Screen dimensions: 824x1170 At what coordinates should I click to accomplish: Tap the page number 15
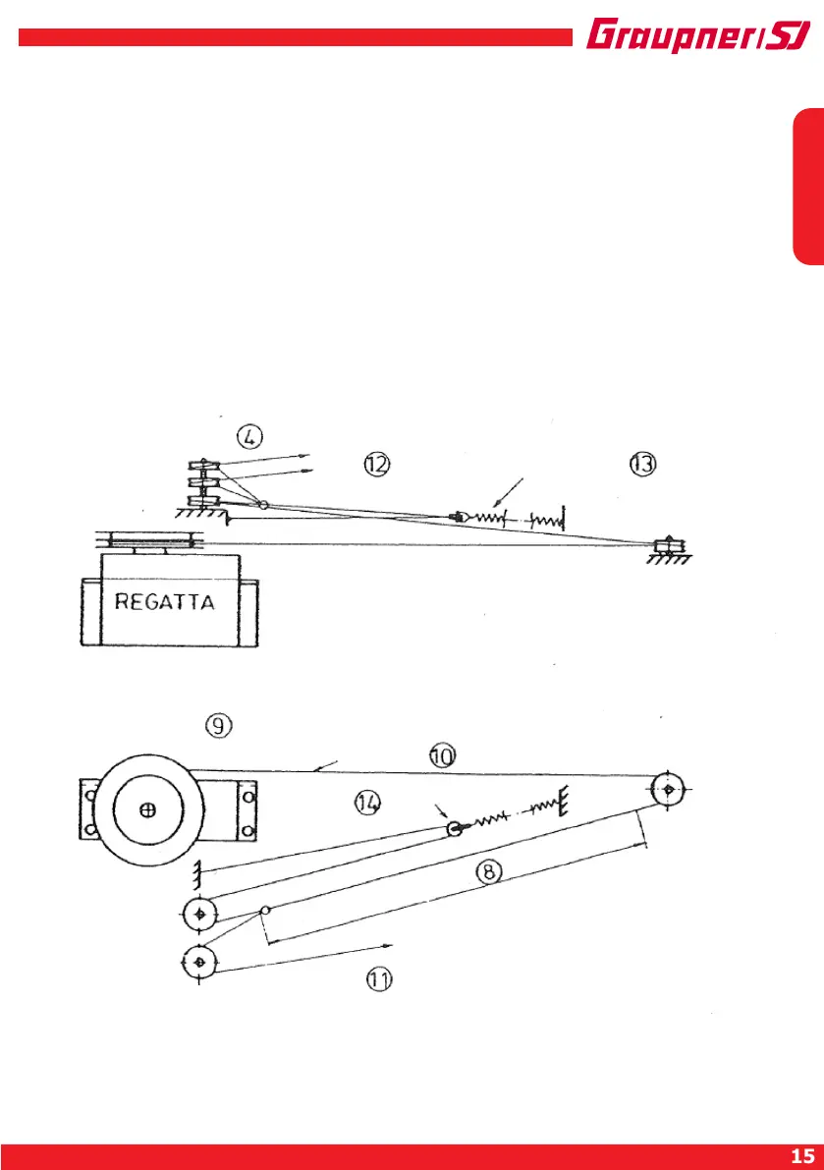[x=800, y=1155]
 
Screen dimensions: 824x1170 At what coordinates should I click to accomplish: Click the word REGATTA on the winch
[x=165, y=602]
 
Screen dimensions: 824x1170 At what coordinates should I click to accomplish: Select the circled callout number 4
[x=250, y=433]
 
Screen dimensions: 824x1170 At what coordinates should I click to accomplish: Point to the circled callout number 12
[x=377, y=464]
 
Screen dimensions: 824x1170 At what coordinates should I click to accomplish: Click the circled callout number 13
[x=642, y=464]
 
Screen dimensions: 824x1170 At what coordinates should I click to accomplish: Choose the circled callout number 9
[x=219, y=726]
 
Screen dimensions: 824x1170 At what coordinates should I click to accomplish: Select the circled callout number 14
[x=367, y=804]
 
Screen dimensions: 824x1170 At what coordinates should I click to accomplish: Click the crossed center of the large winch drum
[x=147, y=810]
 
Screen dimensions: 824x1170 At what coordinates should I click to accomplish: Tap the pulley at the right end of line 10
[x=668, y=789]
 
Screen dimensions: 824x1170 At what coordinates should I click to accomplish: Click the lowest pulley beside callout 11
[x=199, y=961]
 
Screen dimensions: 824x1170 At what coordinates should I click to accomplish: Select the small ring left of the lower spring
[x=455, y=829]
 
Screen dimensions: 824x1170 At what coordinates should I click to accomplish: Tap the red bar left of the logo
[x=295, y=37]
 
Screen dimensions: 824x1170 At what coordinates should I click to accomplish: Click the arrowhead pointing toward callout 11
[x=390, y=945]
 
